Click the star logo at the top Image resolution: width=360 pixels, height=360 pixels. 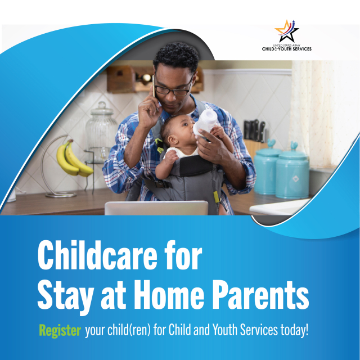pyautogui.click(x=286, y=31)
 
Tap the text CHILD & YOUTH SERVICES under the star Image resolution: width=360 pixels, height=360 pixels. pyautogui.click(x=287, y=49)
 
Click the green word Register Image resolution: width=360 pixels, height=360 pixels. pyautogui.click(x=60, y=331)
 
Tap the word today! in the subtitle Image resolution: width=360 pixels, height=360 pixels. pyautogui.click(x=295, y=330)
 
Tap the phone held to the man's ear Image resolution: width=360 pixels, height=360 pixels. pyautogui.click(x=154, y=86)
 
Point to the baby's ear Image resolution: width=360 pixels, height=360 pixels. pyautogui.click(x=172, y=140)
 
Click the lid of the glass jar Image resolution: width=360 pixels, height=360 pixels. pyautogui.click(x=102, y=109)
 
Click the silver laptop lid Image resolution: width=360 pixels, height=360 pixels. pyautogui.click(x=156, y=208)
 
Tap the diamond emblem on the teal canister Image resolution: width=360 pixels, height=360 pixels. pyautogui.click(x=295, y=179)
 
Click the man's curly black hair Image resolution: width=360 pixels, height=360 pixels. pyautogui.click(x=176, y=55)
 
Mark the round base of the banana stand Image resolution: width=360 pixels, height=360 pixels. pyautogui.click(x=61, y=195)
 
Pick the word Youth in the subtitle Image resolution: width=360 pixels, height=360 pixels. pyautogui.click(x=222, y=330)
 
